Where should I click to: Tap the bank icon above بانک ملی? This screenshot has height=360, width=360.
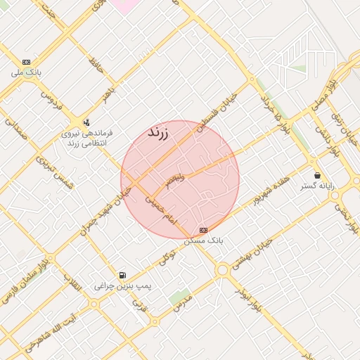(27, 62)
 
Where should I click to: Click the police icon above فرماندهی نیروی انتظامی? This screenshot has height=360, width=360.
(86, 121)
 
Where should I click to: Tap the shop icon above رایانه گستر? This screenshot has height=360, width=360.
(318, 176)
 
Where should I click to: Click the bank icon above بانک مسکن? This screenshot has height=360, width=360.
(204, 230)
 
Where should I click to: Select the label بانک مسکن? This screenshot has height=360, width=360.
(204, 240)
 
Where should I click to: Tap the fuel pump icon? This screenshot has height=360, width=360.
(123, 275)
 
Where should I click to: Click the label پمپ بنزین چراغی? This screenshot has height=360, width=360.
(124, 286)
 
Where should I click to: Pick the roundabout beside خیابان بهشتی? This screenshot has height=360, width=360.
(223, 269)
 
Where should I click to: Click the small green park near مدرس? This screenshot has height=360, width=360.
(179, 297)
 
